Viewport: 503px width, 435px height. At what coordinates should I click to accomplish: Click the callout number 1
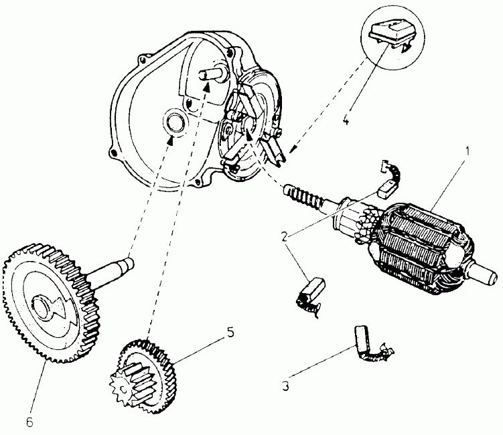pos(468,151)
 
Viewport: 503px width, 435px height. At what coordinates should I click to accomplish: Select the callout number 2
pos(285,237)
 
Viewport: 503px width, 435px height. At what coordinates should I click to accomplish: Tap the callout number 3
pos(285,386)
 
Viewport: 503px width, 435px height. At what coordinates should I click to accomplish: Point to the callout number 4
pos(346,120)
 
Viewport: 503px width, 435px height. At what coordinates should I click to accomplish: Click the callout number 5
pos(230,333)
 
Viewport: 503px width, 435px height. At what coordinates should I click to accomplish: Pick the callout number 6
pos(29,422)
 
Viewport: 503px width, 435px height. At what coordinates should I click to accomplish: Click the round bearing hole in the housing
pos(175,122)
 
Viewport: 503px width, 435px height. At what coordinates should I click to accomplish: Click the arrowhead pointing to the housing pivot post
pos(207,86)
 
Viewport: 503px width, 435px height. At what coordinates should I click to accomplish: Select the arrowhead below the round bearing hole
pos(171,141)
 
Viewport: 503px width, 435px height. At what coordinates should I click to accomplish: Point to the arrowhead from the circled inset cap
pos(293,149)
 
